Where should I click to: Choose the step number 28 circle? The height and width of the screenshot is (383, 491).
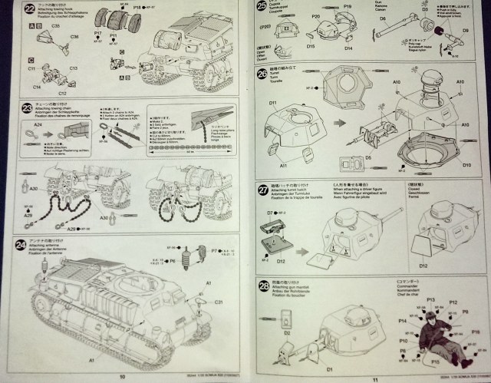point(263,286)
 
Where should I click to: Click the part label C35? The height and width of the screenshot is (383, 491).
point(56,25)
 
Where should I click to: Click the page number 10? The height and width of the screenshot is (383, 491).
point(122,376)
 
